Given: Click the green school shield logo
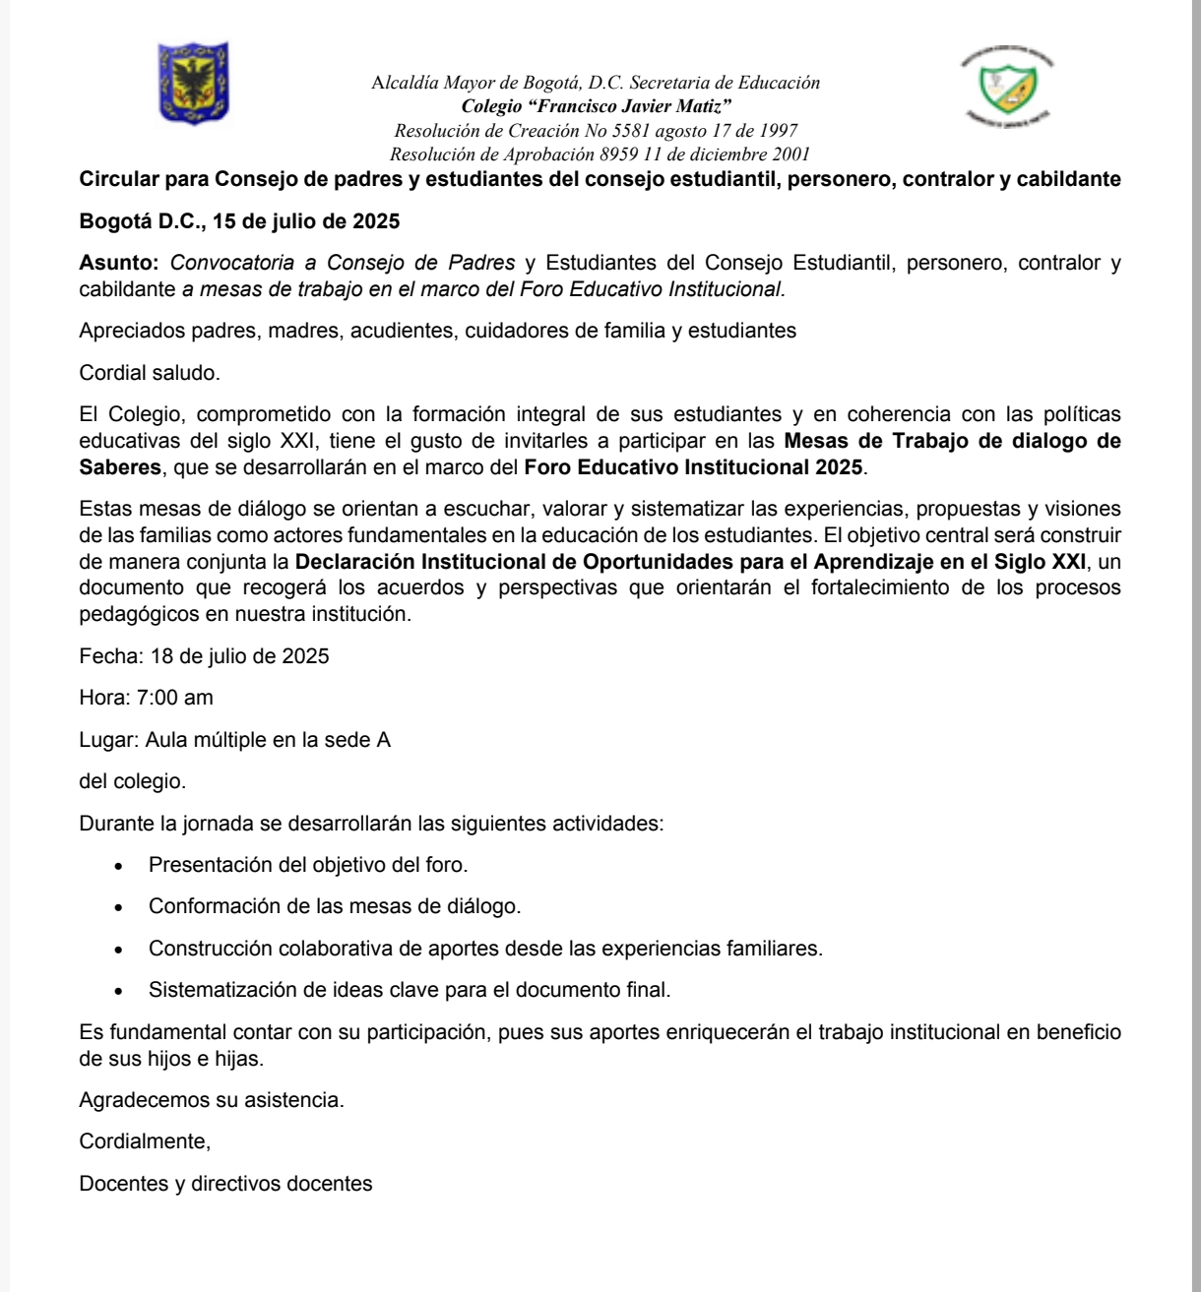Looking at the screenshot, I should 1006,87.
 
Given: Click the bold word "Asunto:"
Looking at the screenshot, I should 121,263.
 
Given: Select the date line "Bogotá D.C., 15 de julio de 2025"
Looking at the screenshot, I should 239,221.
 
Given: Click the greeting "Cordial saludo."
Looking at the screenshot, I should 150,373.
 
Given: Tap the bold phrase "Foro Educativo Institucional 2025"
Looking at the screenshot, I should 693,467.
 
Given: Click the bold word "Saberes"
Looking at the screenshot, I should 119,467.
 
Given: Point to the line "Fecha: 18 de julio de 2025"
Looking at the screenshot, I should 204,655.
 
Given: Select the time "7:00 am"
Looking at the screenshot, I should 174,698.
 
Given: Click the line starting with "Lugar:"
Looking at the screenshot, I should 234,740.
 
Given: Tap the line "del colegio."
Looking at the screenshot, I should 132,781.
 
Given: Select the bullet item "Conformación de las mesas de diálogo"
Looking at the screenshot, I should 335,906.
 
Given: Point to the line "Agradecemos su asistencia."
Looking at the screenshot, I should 212,1099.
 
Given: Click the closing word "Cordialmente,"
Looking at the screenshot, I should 145,1141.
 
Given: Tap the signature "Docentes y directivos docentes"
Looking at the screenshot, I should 225,1184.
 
